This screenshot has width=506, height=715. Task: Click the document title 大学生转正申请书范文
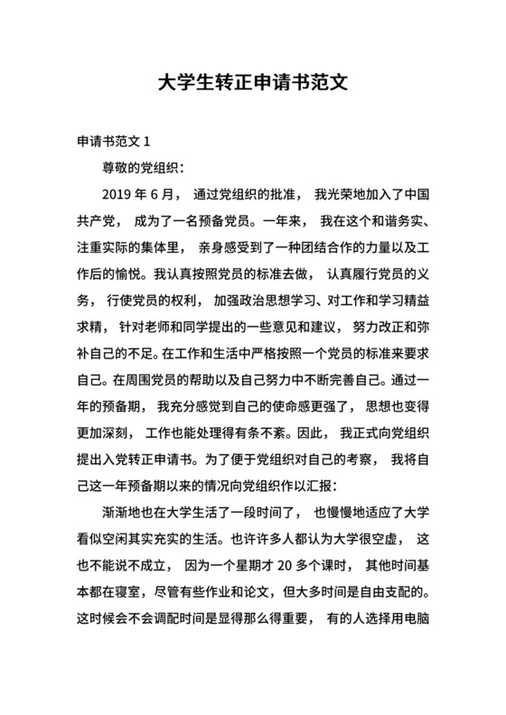click(253, 83)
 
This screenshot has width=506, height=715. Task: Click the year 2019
click(120, 194)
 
